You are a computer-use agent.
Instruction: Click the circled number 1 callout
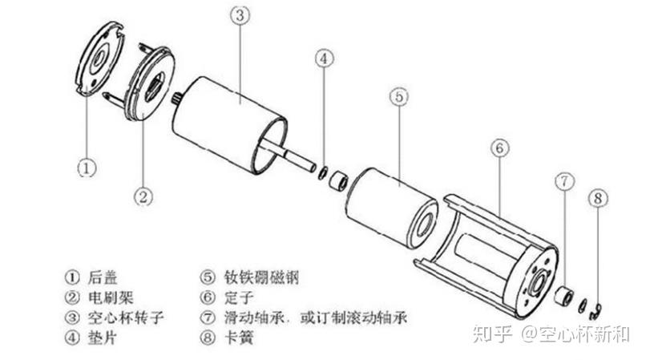tap(87, 168)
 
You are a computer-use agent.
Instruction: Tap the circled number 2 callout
tap(144, 193)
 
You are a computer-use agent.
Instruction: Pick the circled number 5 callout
tap(399, 95)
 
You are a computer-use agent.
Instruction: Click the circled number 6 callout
tap(498, 148)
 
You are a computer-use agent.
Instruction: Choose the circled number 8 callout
tap(596, 197)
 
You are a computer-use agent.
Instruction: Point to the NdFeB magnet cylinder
tap(393, 204)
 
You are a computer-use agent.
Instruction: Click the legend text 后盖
tap(104, 277)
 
